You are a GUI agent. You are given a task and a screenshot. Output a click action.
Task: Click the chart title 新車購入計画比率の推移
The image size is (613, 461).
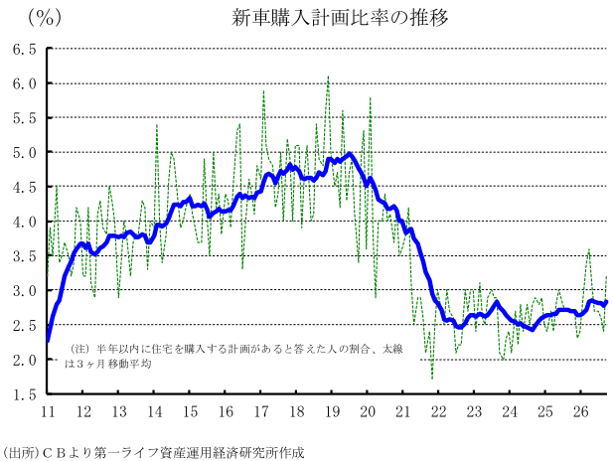(x=340, y=18)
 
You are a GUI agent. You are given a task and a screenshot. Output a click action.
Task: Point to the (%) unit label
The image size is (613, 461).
(x=44, y=18)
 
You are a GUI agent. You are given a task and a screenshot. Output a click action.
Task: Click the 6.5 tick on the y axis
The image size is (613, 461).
(x=25, y=50)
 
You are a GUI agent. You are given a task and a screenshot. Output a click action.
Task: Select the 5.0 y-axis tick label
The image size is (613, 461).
(x=25, y=152)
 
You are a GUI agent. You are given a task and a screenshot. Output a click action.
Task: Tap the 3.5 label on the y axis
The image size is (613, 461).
(x=25, y=256)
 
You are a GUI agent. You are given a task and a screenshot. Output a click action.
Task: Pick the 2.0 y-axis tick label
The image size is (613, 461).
(x=25, y=360)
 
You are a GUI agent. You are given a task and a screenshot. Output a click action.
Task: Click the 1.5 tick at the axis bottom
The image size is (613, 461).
(x=25, y=394)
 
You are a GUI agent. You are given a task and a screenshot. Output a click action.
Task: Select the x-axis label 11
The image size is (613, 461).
(x=48, y=411)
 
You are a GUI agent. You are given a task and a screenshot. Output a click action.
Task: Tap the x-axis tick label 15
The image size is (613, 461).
(x=190, y=411)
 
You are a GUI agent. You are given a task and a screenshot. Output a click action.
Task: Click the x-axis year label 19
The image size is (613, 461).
(x=332, y=411)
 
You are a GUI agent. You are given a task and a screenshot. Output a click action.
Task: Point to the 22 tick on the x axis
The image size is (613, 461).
(x=438, y=411)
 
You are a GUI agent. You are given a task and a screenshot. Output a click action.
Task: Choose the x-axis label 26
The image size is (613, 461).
(x=580, y=411)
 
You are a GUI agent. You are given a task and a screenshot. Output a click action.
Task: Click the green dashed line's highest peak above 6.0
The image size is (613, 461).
(x=328, y=77)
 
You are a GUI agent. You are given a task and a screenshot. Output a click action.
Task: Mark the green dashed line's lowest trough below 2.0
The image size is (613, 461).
(x=432, y=379)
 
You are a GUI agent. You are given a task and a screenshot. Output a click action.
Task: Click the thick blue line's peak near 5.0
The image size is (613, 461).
(x=349, y=154)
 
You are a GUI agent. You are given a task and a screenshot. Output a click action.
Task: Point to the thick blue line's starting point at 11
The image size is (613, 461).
(x=48, y=341)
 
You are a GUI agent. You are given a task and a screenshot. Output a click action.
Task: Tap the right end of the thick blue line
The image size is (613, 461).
(x=606, y=302)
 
